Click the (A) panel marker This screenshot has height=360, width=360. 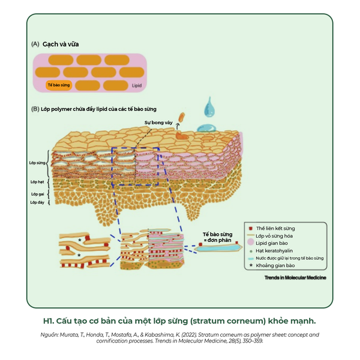pyautogui.click(x=35, y=44)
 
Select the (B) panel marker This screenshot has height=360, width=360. pyautogui.click(x=35, y=109)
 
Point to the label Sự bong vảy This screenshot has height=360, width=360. pyautogui.click(x=158, y=122)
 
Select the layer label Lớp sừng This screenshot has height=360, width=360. pyautogui.click(x=38, y=163)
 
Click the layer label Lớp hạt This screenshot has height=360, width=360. pyautogui.click(x=37, y=182)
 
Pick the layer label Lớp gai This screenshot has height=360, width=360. pyautogui.click(x=37, y=194)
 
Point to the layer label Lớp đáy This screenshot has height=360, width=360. pyautogui.click(x=37, y=203)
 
